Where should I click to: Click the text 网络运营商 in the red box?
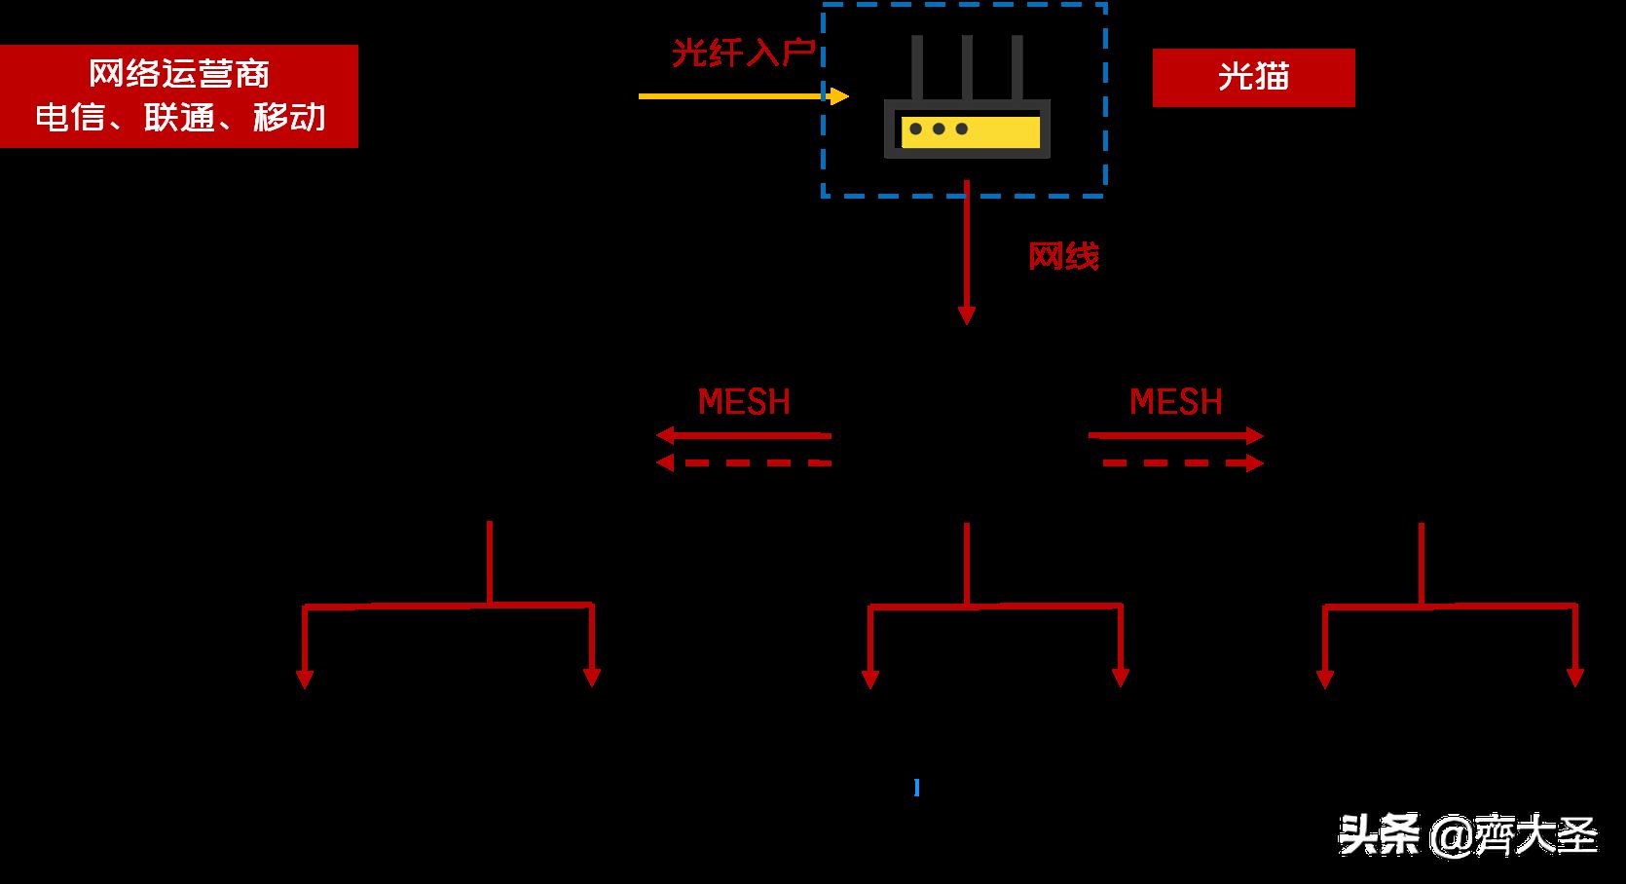coord(178,73)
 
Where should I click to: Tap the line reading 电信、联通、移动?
coord(180,117)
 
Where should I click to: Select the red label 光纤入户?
coord(744,53)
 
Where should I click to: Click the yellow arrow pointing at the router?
coord(743,95)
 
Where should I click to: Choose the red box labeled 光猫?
coord(1254,78)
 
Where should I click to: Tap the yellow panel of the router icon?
coord(971,132)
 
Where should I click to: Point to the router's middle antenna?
coord(967,67)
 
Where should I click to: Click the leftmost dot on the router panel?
coord(916,129)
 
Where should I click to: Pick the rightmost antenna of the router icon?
coord(1016,67)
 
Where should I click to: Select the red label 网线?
coord(1063,256)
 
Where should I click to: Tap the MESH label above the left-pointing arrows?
coord(744,401)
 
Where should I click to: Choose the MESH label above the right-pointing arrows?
coord(1176,401)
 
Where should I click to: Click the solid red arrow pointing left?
coord(743,435)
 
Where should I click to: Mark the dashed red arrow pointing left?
coord(743,462)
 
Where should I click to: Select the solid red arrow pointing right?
coord(1176,435)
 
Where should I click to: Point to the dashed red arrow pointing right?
coord(1183,463)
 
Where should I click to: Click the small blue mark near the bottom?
coord(917,788)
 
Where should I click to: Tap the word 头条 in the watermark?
coord(1379,834)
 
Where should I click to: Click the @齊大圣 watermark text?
coord(1514,836)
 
